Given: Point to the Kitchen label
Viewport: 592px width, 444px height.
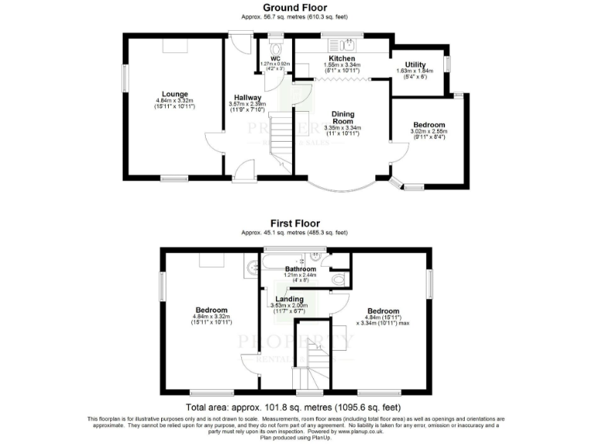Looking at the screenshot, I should click(x=341, y=59).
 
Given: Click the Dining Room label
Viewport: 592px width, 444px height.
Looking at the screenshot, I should click(x=344, y=118).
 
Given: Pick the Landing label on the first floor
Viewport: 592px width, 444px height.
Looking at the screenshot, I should click(x=289, y=298).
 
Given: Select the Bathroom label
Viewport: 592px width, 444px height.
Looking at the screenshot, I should click(x=301, y=268).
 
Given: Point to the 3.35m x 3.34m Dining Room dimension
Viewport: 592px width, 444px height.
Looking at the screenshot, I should click(x=344, y=129).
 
